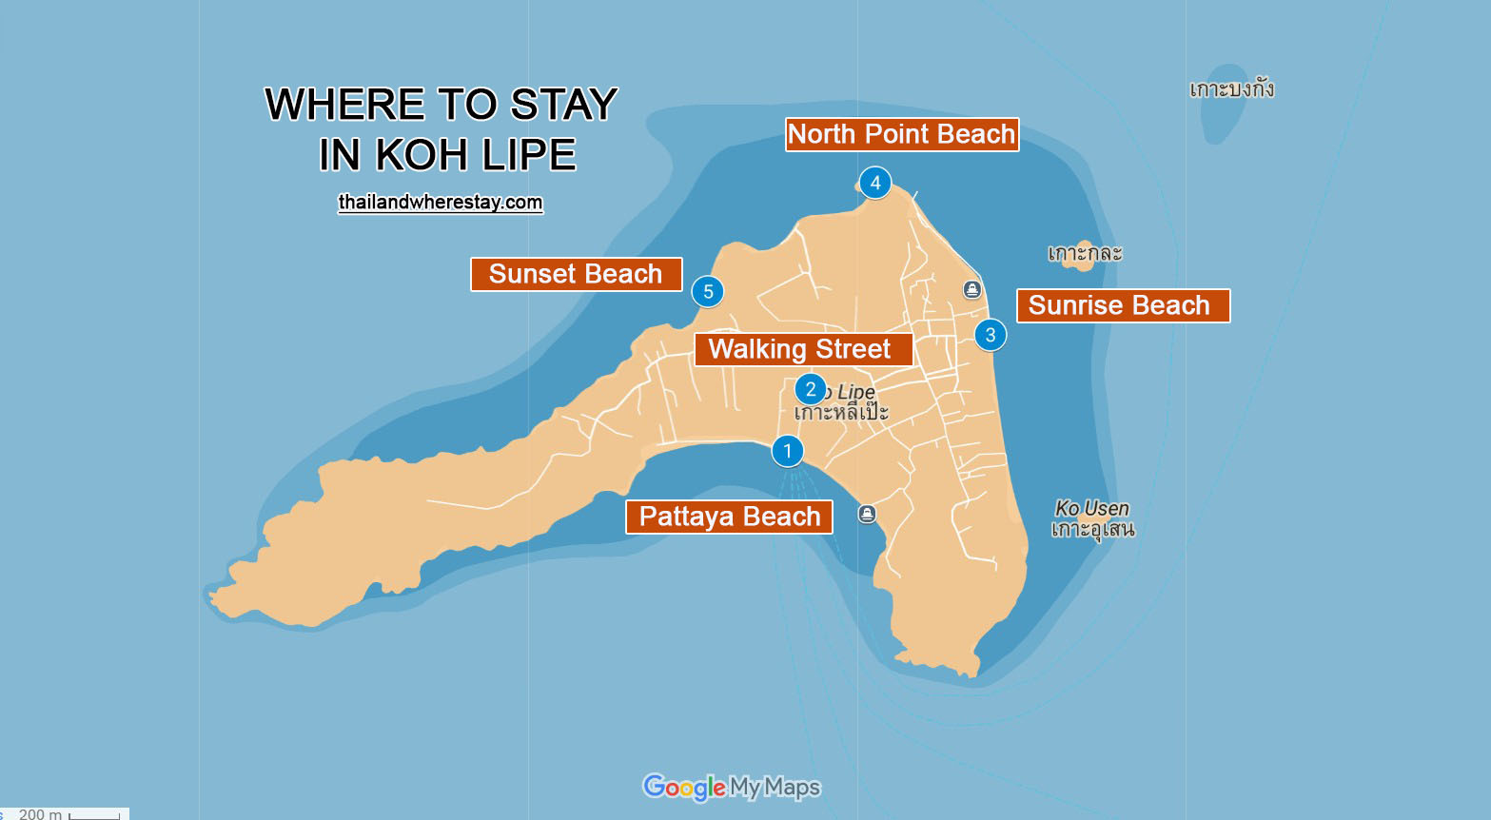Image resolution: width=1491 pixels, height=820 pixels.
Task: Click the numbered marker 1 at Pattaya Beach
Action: (787, 451)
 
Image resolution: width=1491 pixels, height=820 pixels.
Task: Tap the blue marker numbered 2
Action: (811, 389)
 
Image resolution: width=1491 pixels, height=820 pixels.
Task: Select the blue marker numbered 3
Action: (991, 335)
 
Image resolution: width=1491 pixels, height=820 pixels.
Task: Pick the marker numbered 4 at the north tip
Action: (875, 183)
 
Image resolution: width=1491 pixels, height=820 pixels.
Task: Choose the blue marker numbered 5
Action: (708, 292)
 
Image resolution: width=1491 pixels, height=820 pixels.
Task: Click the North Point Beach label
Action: (901, 134)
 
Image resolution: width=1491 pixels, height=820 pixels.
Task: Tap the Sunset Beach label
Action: (576, 274)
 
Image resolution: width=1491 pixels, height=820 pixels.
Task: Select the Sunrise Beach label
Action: (1123, 305)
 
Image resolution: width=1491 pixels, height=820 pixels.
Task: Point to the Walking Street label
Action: (802, 349)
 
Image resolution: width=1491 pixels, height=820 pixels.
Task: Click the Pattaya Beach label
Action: (729, 517)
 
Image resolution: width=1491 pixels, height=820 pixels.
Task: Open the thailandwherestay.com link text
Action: (441, 203)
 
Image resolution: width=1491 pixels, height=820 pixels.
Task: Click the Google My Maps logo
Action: (731, 788)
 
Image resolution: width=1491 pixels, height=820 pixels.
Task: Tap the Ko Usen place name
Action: (1092, 509)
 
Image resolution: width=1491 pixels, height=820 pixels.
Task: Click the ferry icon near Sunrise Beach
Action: (971, 289)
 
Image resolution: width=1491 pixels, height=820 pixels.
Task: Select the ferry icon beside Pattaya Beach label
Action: (867, 514)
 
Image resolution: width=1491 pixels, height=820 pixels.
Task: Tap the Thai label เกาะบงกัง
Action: (1231, 89)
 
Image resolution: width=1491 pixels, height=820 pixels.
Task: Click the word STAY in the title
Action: (564, 105)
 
